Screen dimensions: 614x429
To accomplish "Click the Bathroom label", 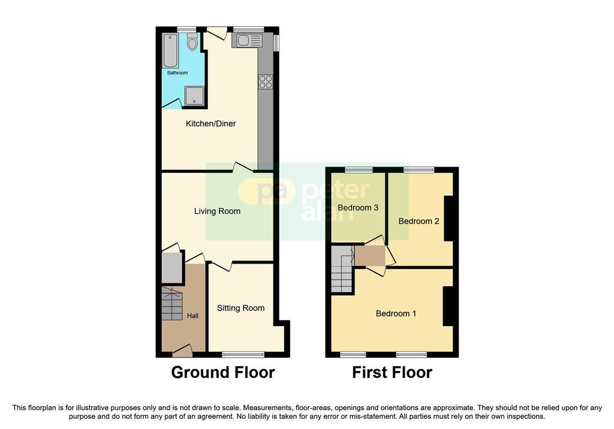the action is tap(177, 73).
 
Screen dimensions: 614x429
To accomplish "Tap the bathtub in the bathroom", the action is tap(170, 50).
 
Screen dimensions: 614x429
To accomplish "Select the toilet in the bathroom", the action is tap(192, 41).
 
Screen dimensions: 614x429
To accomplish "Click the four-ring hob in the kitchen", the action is tap(266, 82).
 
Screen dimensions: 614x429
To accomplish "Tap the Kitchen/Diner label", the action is tap(210, 123).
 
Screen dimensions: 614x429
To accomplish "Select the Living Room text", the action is tap(217, 212).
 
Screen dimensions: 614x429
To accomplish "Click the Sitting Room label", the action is tap(241, 308).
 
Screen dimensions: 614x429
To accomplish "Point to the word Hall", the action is tap(192, 316).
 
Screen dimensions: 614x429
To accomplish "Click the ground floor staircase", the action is tap(172, 304).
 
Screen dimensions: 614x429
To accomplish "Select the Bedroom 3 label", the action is tap(358, 207).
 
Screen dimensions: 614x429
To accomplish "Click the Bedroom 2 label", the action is tap(419, 221).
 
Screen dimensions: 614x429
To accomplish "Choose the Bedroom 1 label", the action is tap(396, 313).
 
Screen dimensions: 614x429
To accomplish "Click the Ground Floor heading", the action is tap(223, 372).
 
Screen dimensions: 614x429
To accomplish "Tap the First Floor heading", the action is tap(392, 372).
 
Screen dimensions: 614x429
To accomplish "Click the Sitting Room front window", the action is tap(243, 354).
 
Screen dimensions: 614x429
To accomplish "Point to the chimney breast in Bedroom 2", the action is tap(449, 218).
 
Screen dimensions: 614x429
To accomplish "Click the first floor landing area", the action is tap(369, 256).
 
